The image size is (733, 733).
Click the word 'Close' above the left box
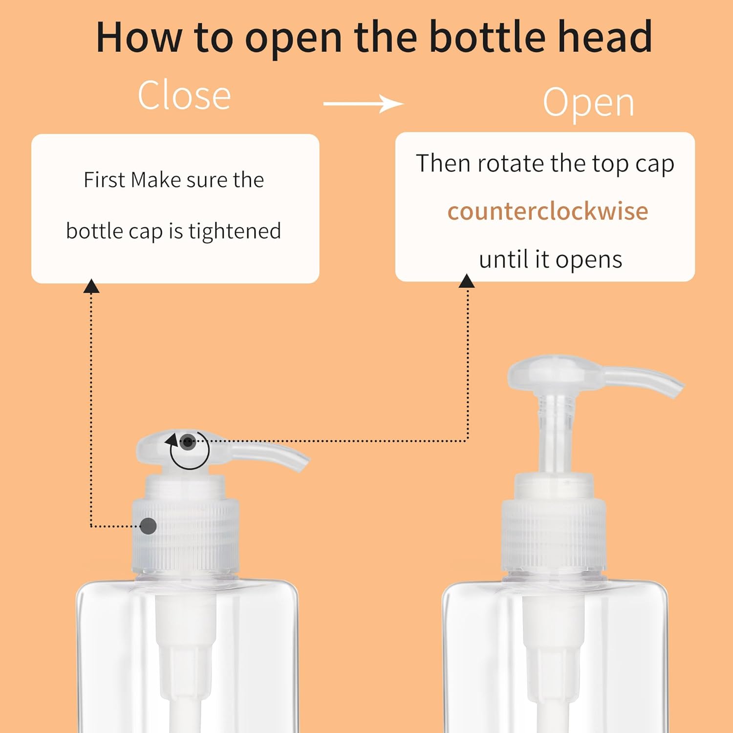click(184, 95)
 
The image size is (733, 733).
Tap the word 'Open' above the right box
click(588, 103)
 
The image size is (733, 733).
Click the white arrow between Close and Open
click(363, 104)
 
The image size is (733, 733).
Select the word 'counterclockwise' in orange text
click(548, 211)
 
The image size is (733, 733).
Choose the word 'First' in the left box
click(104, 180)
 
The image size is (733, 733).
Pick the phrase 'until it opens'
click(550, 259)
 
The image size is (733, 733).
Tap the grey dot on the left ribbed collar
click(148, 526)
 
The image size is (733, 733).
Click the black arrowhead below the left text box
click(91, 286)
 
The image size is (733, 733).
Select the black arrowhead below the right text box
click(467, 281)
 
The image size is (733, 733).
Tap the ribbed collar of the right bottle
click(554, 535)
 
